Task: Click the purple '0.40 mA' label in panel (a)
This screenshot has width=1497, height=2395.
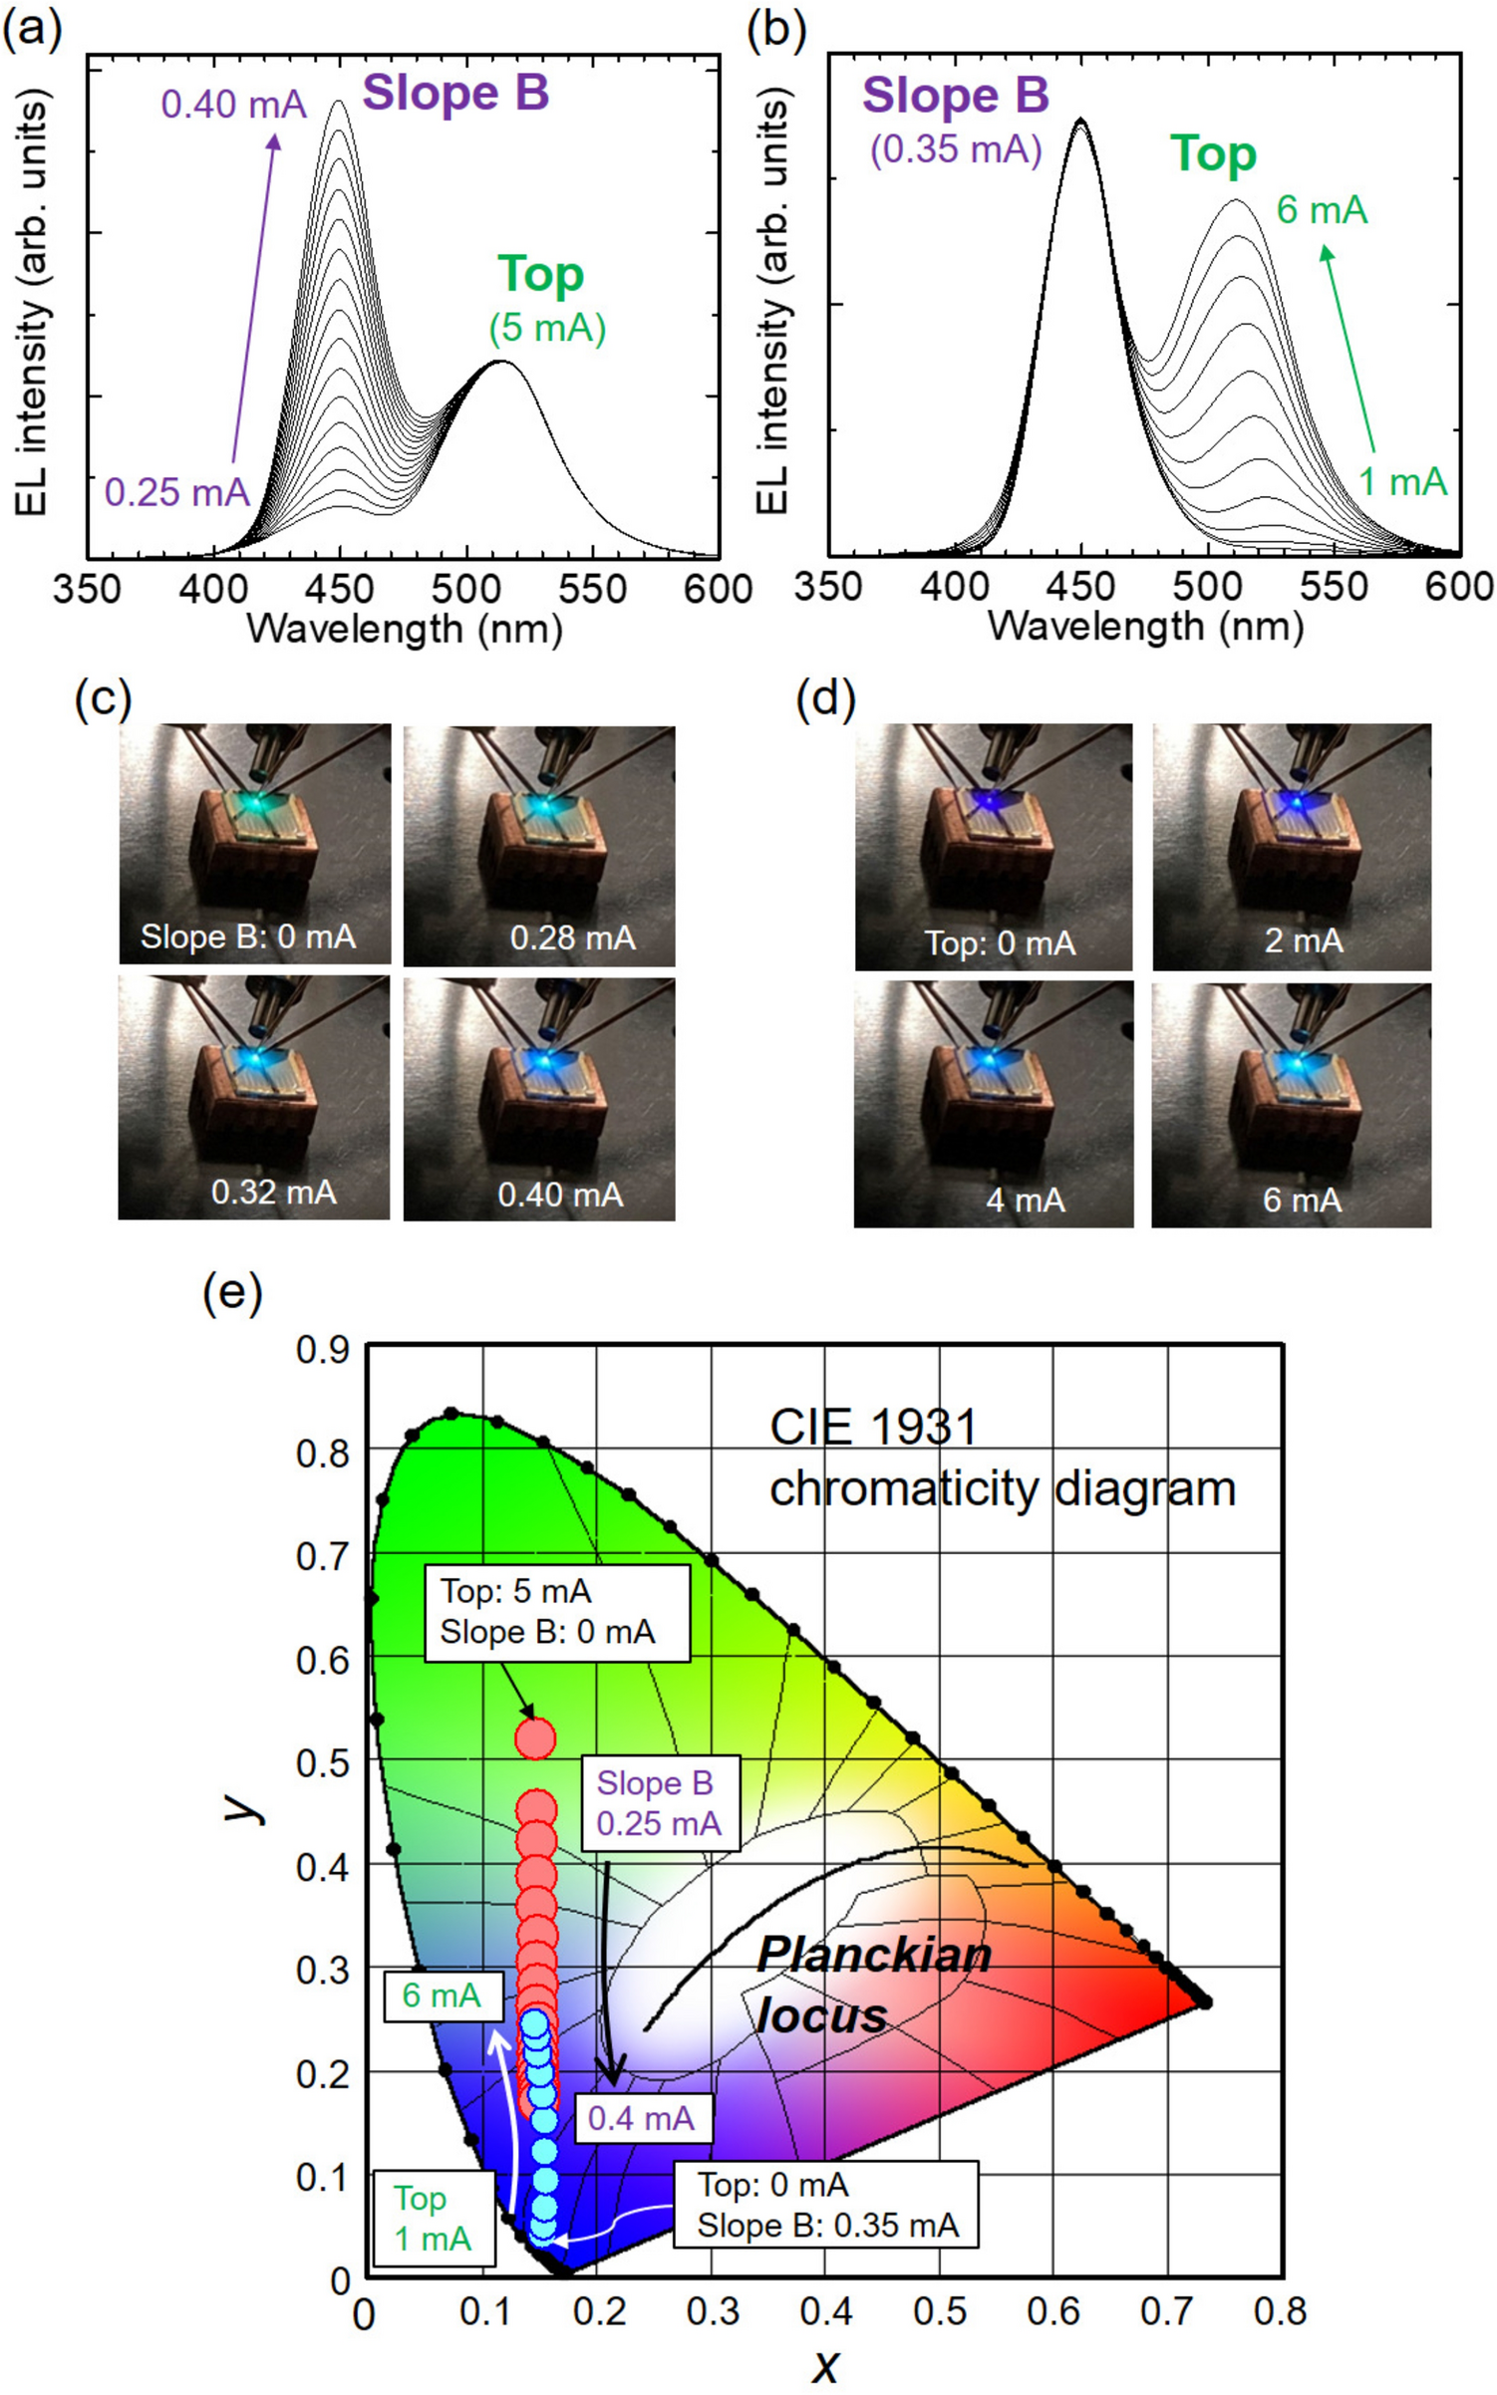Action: click(x=233, y=105)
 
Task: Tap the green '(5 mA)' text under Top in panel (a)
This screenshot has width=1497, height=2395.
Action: click(x=547, y=328)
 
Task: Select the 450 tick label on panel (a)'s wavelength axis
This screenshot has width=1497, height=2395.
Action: click(x=339, y=589)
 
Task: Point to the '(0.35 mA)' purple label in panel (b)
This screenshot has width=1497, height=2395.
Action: click(x=956, y=149)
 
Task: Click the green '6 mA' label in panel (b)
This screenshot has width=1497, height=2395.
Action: click(x=1322, y=210)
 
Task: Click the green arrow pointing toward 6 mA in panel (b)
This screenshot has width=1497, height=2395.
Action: click(x=1348, y=349)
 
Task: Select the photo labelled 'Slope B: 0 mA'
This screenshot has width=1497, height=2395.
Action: click(x=255, y=844)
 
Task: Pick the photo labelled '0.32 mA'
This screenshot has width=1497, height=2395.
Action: click(x=254, y=1097)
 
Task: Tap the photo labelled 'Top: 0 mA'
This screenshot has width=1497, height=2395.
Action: click(x=994, y=847)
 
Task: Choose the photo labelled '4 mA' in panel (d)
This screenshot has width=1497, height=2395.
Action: click(x=994, y=1104)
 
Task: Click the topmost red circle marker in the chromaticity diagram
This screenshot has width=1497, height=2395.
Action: click(x=535, y=1738)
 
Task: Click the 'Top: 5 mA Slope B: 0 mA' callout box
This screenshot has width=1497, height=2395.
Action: click(x=557, y=1612)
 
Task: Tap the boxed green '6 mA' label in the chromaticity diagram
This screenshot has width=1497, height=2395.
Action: click(x=443, y=1995)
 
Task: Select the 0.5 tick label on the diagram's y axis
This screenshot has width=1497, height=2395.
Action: click(x=323, y=1762)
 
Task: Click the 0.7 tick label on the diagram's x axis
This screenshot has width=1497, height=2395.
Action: click(x=1166, y=2310)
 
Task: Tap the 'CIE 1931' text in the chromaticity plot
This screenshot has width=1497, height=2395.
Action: click(x=872, y=1427)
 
